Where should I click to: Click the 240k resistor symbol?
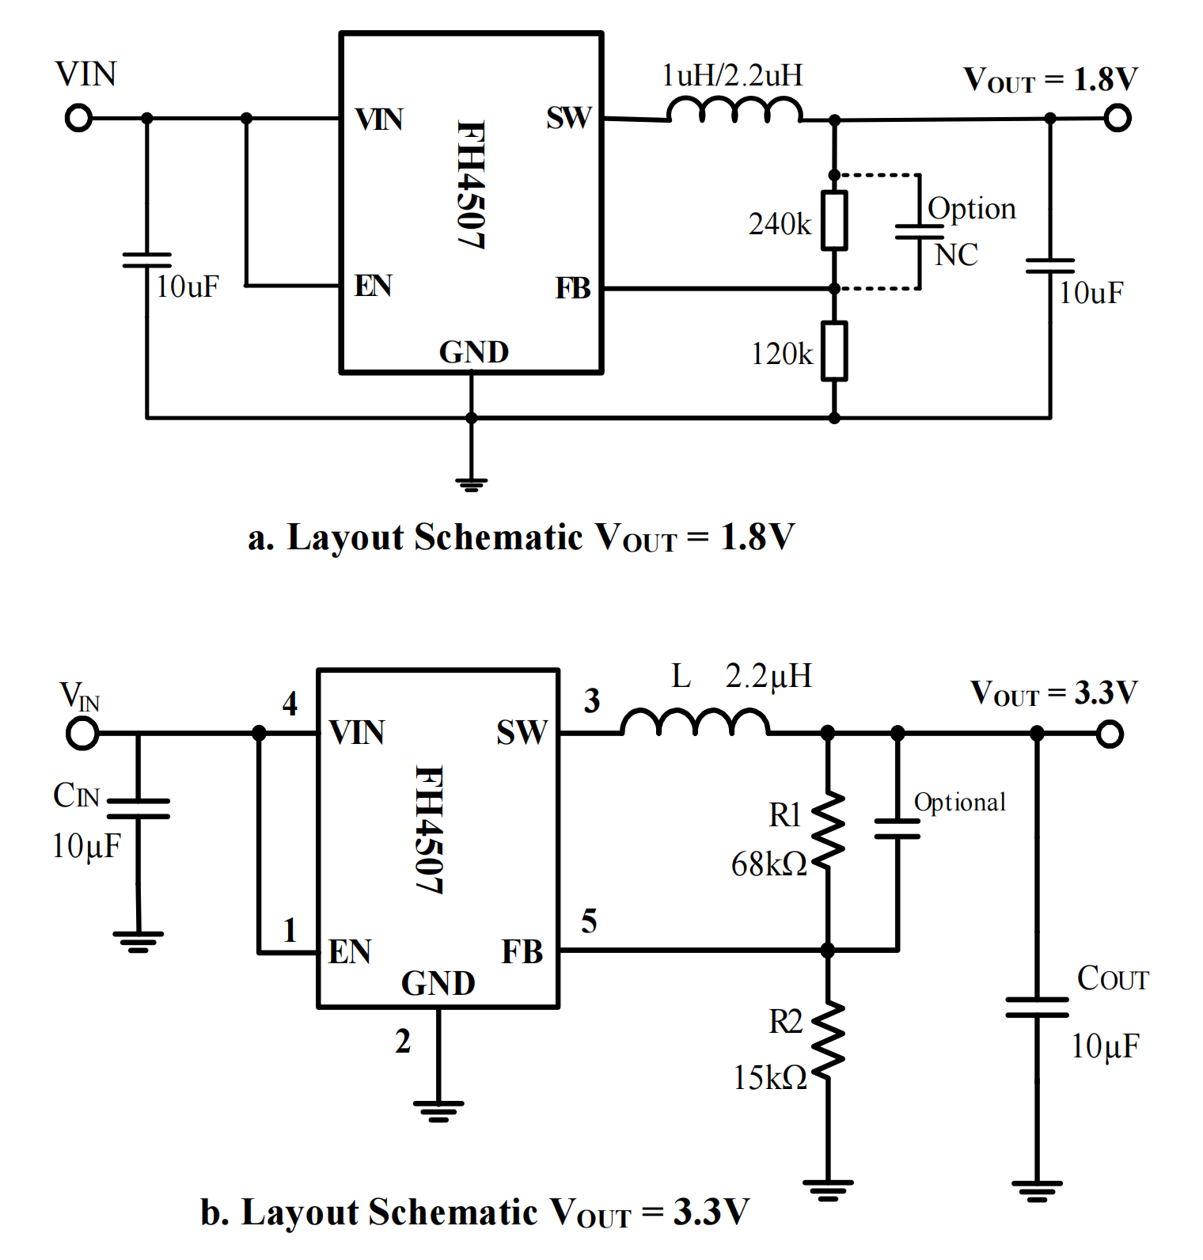(x=834, y=220)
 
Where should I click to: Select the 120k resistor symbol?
(x=834, y=351)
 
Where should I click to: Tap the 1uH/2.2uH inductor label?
(x=732, y=76)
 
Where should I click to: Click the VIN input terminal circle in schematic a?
(x=78, y=119)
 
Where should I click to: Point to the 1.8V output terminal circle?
(x=1117, y=119)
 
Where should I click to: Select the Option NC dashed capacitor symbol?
(x=919, y=231)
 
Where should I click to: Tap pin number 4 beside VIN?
(x=290, y=703)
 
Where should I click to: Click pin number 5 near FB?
(x=589, y=920)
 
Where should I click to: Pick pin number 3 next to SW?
(x=592, y=700)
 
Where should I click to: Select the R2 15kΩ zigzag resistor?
(x=828, y=1041)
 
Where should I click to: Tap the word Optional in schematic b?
(x=959, y=803)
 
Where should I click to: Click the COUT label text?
(x=1112, y=978)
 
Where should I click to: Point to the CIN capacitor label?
(x=76, y=795)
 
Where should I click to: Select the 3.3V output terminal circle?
(x=1110, y=734)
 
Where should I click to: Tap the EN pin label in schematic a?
(x=373, y=286)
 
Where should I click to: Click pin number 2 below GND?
(x=403, y=1041)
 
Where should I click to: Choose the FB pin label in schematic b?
(x=522, y=951)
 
